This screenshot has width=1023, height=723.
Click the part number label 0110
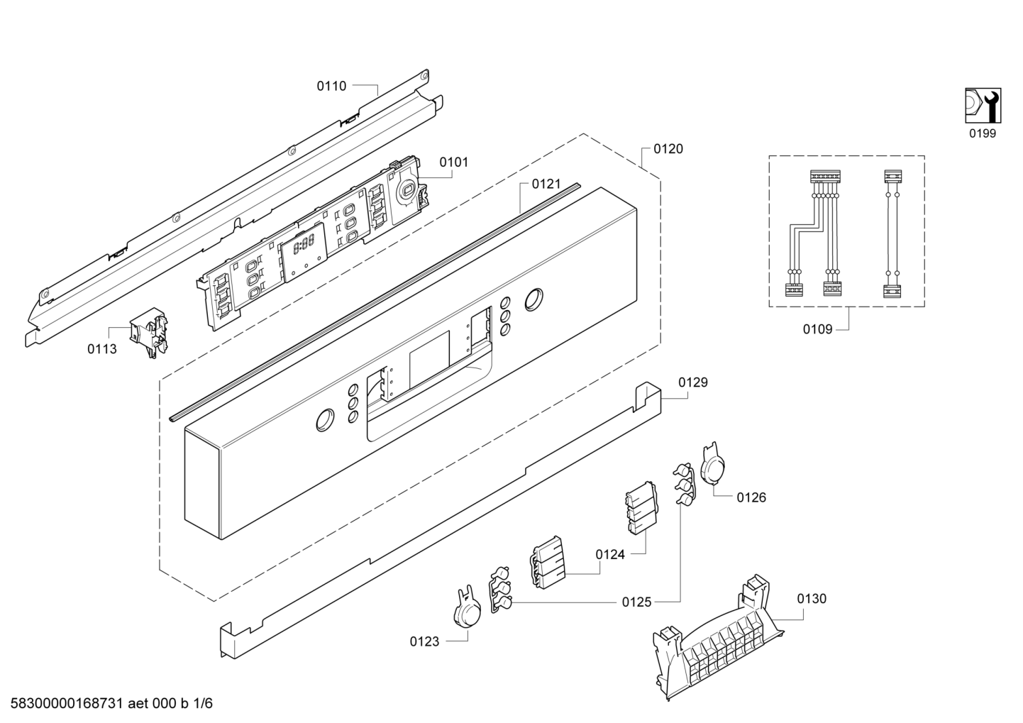tap(331, 86)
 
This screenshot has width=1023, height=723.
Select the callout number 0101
tap(454, 162)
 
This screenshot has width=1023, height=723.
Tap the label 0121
tap(546, 184)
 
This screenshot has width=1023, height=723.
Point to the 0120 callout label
tap(668, 149)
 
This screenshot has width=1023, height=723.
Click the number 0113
tap(102, 349)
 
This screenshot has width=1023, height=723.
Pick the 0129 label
tap(693, 382)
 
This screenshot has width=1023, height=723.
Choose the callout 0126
tap(751, 497)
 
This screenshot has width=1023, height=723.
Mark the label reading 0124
tap(610, 554)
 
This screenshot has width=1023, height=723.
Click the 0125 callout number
tap(636, 602)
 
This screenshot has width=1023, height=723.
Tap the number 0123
tap(424, 641)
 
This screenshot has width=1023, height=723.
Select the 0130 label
tap(812, 598)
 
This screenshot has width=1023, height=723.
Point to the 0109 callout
tap(817, 329)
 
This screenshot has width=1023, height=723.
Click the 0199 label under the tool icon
tap(983, 133)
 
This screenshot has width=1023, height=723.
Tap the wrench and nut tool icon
tap(983, 106)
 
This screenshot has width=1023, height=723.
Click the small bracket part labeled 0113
tap(148, 332)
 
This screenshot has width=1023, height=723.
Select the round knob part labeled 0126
tap(712, 468)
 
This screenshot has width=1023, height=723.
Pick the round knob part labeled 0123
tap(467, 608)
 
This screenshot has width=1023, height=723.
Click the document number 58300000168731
tap(67, 703)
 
